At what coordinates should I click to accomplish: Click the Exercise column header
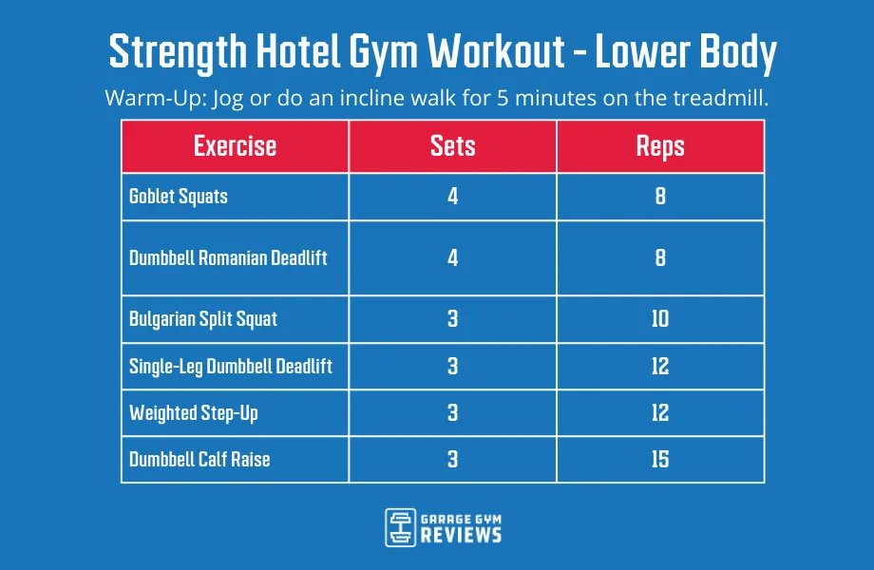point(235,146)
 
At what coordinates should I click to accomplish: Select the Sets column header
point(452,146)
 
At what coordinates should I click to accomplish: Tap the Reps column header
point(660,146)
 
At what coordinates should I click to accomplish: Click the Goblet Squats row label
point(179,198)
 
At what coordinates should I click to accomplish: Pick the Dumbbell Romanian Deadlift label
point(228,257)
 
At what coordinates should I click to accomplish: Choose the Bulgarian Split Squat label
point(203,318)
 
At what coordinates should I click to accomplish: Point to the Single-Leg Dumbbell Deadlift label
point(231,366)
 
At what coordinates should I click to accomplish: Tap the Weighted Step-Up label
point(193,412)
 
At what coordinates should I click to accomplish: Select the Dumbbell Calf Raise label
point(199,459)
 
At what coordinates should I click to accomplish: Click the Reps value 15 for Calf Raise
point(660,459)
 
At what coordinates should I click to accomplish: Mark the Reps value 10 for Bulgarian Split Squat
point(660,318)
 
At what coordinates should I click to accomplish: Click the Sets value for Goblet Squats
point(452,198)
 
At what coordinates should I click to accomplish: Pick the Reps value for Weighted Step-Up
point(660,412)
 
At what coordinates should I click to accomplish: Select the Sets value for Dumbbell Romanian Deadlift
point(452,257)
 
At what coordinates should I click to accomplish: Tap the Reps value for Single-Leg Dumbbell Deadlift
point(660,366)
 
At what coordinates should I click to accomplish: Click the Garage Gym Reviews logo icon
point(400,527)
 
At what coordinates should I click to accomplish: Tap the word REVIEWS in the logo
point(463,536)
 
